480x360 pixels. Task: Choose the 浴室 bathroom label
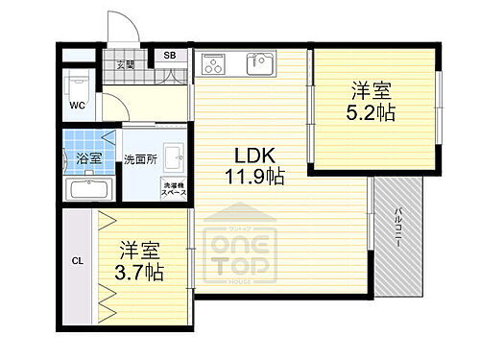89,158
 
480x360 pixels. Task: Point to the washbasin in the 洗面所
175,157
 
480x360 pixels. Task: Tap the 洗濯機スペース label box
174,189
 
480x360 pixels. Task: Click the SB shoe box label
169,56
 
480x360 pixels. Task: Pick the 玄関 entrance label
126,65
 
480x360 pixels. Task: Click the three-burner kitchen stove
213,64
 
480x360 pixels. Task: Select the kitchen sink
259,64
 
